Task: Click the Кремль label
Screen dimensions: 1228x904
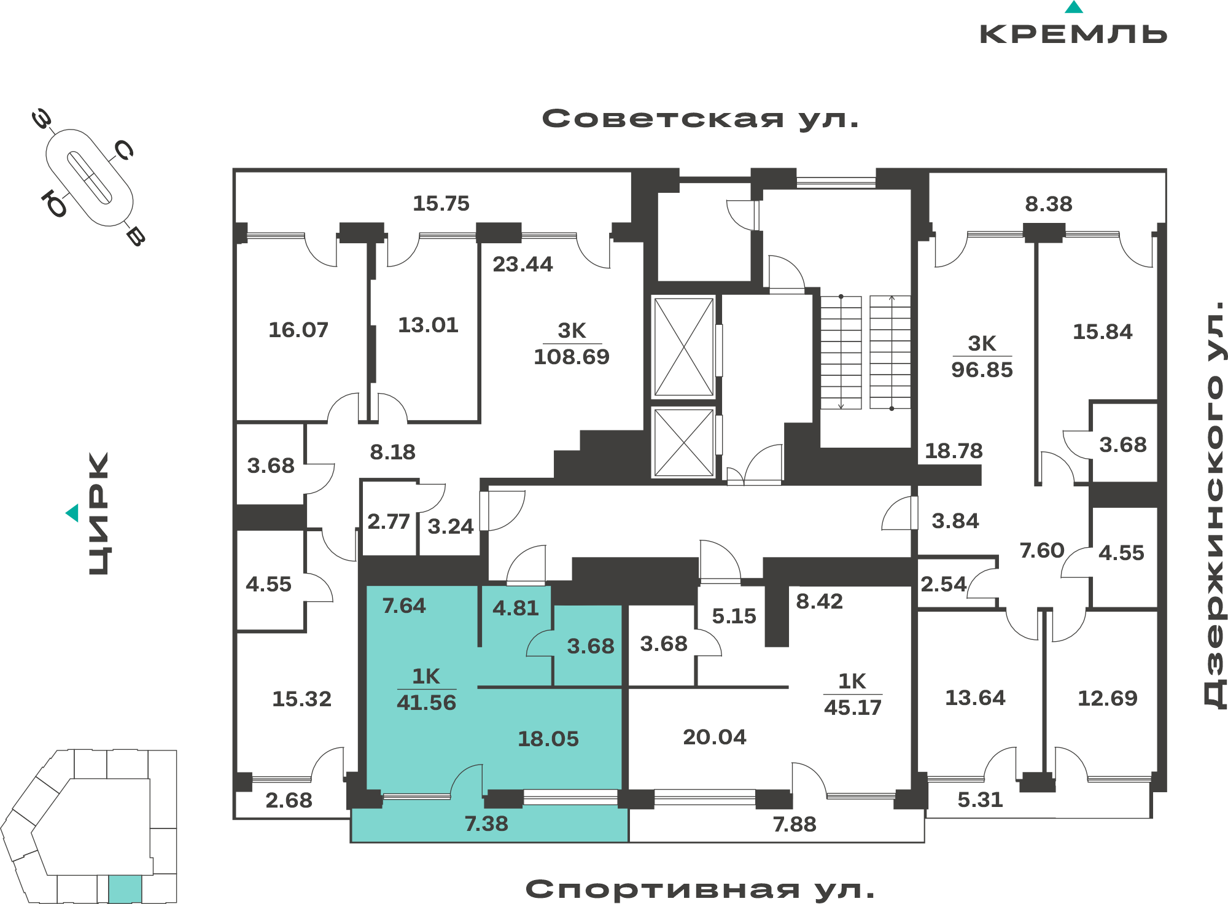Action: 1073,34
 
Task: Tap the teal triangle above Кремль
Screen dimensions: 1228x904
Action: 1074,7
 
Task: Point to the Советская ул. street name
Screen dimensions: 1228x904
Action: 700,119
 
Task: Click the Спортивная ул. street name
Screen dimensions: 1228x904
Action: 700,889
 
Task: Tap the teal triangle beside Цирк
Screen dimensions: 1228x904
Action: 72,513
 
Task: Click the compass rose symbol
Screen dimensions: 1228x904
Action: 90,178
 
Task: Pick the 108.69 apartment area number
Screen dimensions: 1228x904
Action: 572,357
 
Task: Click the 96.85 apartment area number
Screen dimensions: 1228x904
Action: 982,370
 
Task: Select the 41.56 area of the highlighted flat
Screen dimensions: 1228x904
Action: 427,703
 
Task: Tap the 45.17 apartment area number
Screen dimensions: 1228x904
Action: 853,707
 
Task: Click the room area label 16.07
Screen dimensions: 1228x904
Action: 298,330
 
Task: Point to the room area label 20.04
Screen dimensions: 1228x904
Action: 715,737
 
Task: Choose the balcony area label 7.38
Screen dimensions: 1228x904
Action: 486,824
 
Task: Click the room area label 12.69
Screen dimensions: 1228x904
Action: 1108,698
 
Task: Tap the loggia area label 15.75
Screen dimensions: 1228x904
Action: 441,203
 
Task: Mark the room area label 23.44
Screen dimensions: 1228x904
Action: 523,264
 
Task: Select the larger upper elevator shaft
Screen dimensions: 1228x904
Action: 683,347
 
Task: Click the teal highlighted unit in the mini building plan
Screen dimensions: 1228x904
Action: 125,889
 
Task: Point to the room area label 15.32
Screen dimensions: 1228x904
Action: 301,699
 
